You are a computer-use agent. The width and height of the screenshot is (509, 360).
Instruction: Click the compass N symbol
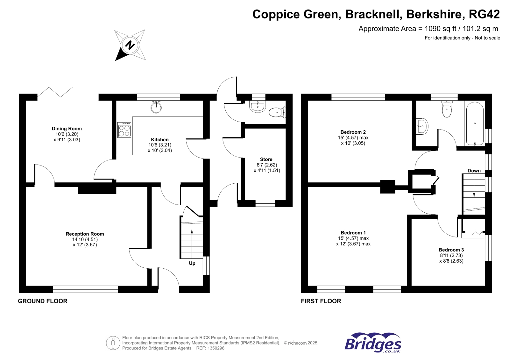point(130,45)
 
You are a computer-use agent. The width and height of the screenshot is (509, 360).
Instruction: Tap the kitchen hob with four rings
point(124,130)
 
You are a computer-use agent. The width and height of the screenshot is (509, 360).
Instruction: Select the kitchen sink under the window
point(156,107)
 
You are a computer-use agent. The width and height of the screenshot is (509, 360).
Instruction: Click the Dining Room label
point(67,129)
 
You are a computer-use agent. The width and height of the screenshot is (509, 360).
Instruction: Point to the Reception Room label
point(85,234)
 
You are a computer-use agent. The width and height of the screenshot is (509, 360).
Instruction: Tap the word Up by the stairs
point(192,263)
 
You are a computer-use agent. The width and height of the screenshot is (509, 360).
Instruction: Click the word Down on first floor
point(474,171)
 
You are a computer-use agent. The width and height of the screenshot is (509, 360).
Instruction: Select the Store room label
point(266,159)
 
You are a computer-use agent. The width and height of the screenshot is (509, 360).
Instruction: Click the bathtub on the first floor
point(475,124)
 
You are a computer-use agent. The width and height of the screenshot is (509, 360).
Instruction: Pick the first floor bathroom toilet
point(447,109)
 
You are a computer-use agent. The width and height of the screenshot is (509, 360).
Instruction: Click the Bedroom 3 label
point(451,250)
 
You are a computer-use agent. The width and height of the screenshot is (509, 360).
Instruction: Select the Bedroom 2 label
point(353,132)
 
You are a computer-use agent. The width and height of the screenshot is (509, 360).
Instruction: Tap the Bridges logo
point(373,343)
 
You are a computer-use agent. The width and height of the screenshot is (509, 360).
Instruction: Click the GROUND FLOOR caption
point(43,301)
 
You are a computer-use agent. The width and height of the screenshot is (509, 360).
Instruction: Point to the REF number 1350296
point(215,348)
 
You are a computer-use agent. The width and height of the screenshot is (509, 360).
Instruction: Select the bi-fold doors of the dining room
point(55,92)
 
